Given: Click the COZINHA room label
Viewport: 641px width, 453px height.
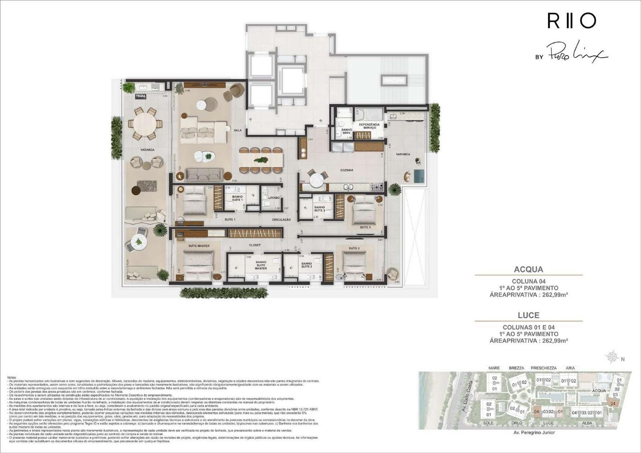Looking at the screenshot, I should point(347,170).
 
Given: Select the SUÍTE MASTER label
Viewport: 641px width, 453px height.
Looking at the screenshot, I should point(199,246).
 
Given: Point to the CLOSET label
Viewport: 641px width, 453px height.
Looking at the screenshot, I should point(255,245).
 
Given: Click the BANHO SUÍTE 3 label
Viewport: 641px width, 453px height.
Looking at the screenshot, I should point(319,209).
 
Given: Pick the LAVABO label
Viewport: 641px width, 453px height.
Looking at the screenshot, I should point(274,198).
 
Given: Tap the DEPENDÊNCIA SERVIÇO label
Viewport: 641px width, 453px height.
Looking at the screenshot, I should point(369,126).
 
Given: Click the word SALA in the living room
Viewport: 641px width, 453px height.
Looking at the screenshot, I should point(238,130).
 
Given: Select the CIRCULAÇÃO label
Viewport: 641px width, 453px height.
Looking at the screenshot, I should point(281,220).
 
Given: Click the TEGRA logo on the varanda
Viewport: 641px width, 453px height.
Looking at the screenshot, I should point(140,96).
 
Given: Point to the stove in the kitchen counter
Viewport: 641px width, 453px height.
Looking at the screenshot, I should point(377,187).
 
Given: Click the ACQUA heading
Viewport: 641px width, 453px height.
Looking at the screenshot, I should point(528,269).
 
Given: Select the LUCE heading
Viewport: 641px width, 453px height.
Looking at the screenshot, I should point(528,315).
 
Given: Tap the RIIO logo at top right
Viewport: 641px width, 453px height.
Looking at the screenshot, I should point(571,21).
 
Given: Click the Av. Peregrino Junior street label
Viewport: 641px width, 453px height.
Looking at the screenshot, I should point(534,433).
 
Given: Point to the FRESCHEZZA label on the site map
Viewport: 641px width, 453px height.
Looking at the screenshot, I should point(543,368).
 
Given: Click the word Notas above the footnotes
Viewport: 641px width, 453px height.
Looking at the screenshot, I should point(12,377).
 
